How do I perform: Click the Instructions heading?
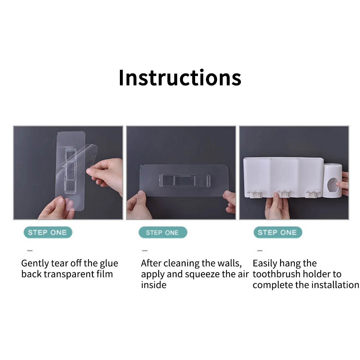tap(180, 78)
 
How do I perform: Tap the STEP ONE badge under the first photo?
tap(48, 232)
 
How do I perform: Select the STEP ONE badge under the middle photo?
tap(163, 232)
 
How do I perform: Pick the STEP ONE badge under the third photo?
tap(278, 232)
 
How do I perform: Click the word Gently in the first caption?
tap(35, 264)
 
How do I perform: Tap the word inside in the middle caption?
tap(154, 285)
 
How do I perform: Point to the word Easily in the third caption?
tap(265, 264)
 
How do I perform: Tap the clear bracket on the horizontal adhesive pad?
tap(185, 180)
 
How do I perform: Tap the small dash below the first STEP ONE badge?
tap(30, 251)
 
